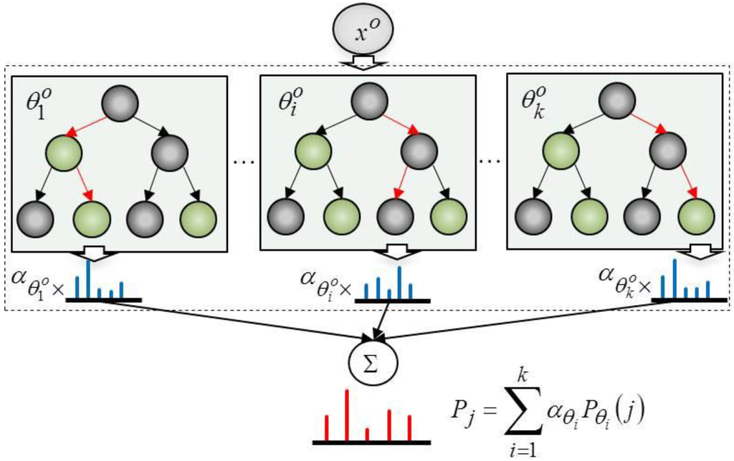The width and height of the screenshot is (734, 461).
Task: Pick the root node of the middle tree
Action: (x=368, y=101)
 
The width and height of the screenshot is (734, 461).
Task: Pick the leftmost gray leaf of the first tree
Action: (x=35, y=219)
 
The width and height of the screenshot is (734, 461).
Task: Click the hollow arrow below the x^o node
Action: (x=363, y=64)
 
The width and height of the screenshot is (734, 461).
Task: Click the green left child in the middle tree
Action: (x=313, y=151)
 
